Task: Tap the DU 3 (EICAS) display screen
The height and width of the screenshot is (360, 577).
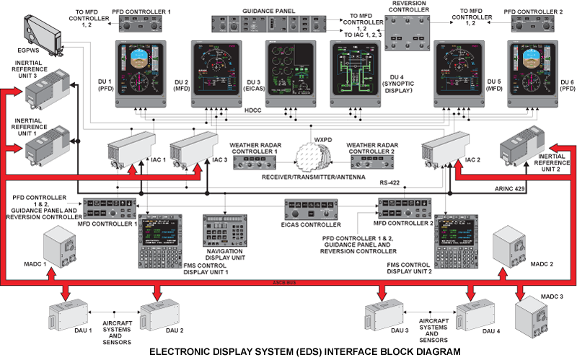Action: click(290, 73)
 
